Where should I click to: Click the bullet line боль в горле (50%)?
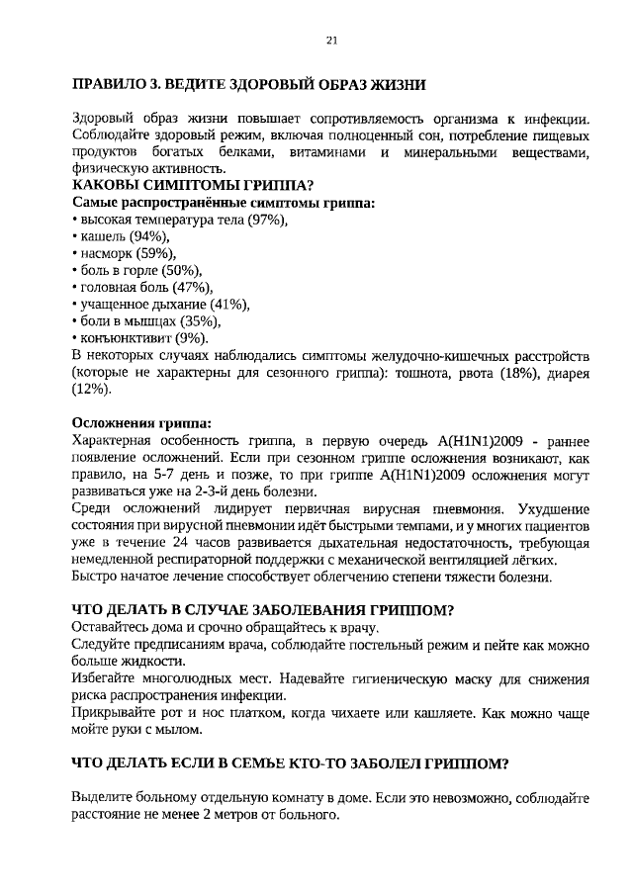point(138,270)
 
